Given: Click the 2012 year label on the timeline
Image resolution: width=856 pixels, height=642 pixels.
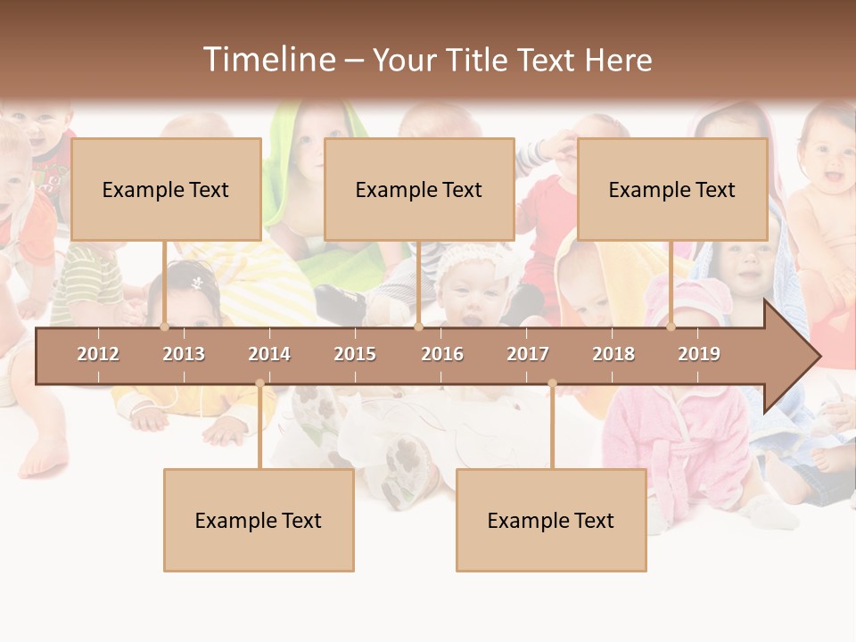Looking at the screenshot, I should (98, 354).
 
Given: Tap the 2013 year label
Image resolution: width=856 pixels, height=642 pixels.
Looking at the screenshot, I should (184, 354).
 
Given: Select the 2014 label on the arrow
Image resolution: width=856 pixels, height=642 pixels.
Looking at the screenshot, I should (269, 354).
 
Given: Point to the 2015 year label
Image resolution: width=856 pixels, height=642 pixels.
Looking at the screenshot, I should (355, 354).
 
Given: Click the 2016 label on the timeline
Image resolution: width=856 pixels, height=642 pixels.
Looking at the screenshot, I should (442, 354).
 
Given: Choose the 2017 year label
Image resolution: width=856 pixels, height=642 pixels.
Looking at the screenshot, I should (528, 354).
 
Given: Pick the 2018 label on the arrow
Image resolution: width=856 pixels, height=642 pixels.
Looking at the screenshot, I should (613, 354).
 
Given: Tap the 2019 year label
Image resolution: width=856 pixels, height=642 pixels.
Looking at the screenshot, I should (699, 354).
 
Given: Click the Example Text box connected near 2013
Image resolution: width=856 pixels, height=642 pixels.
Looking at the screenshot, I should (166, 189).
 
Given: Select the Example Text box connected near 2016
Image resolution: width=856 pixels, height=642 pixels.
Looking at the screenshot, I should (419, 189).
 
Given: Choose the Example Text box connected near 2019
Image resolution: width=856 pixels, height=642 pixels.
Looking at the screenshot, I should (672, 189).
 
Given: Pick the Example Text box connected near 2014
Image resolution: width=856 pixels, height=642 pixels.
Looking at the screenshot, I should (259, 520).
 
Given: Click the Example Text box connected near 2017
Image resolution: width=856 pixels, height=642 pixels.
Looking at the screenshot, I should (551, 520).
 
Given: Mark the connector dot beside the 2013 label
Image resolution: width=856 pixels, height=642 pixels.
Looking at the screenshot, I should (164, 327).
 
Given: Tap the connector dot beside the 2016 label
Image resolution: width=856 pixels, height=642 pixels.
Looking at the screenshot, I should (418, 327).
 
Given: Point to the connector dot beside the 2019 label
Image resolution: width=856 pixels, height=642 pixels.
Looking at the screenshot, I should (671, 327).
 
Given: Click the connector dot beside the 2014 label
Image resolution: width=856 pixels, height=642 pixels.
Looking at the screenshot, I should (259, 383).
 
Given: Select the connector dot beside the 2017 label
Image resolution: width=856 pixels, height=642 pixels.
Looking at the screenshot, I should (552, 383).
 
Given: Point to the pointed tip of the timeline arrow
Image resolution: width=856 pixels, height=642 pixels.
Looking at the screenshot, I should (819, 356).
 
